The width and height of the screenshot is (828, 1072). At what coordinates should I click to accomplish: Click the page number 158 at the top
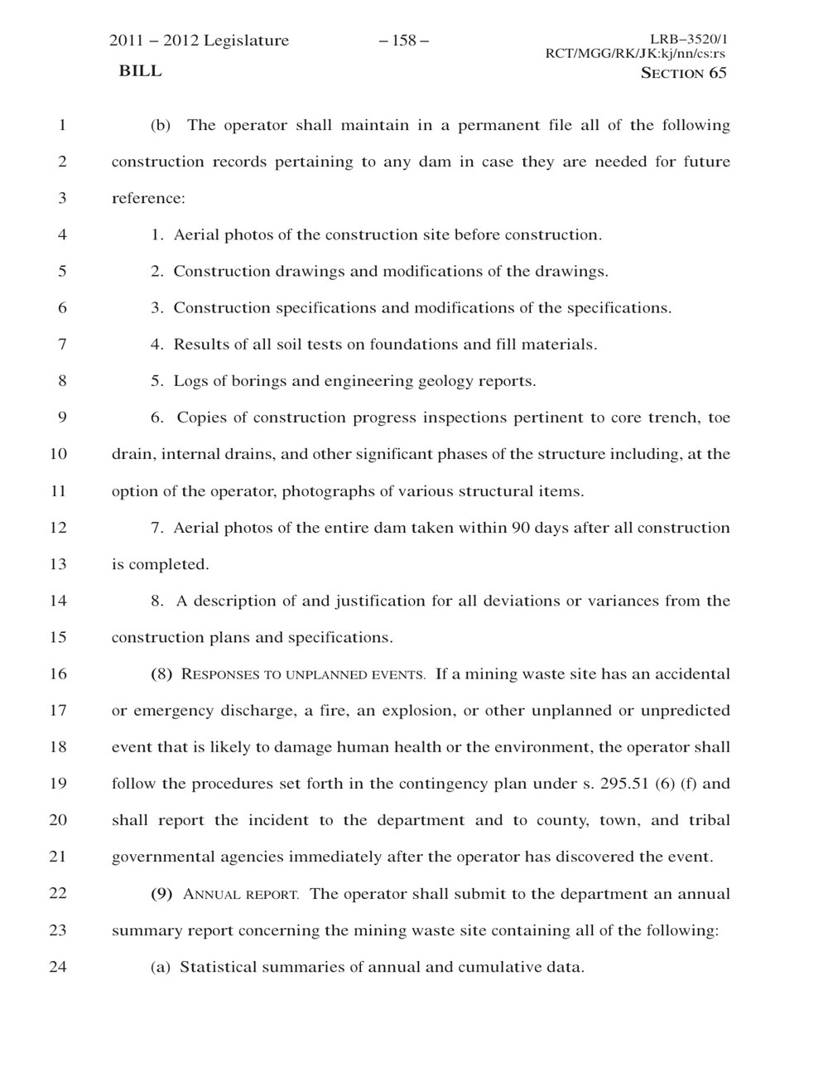404,41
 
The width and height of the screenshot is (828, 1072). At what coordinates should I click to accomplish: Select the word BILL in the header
141,71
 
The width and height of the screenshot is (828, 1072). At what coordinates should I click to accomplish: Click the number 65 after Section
717,73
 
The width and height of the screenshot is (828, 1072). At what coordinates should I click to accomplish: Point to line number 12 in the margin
58,528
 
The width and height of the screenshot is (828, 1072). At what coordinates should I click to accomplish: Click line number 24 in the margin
58,967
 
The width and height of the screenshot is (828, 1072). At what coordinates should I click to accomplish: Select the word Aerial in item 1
196,234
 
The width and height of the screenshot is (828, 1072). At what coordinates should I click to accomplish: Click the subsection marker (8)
161,674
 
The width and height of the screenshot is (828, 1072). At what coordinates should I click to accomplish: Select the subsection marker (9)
161,894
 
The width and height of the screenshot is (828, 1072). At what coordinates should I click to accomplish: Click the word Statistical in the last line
218,967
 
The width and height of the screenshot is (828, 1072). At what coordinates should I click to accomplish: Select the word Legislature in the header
246,41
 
